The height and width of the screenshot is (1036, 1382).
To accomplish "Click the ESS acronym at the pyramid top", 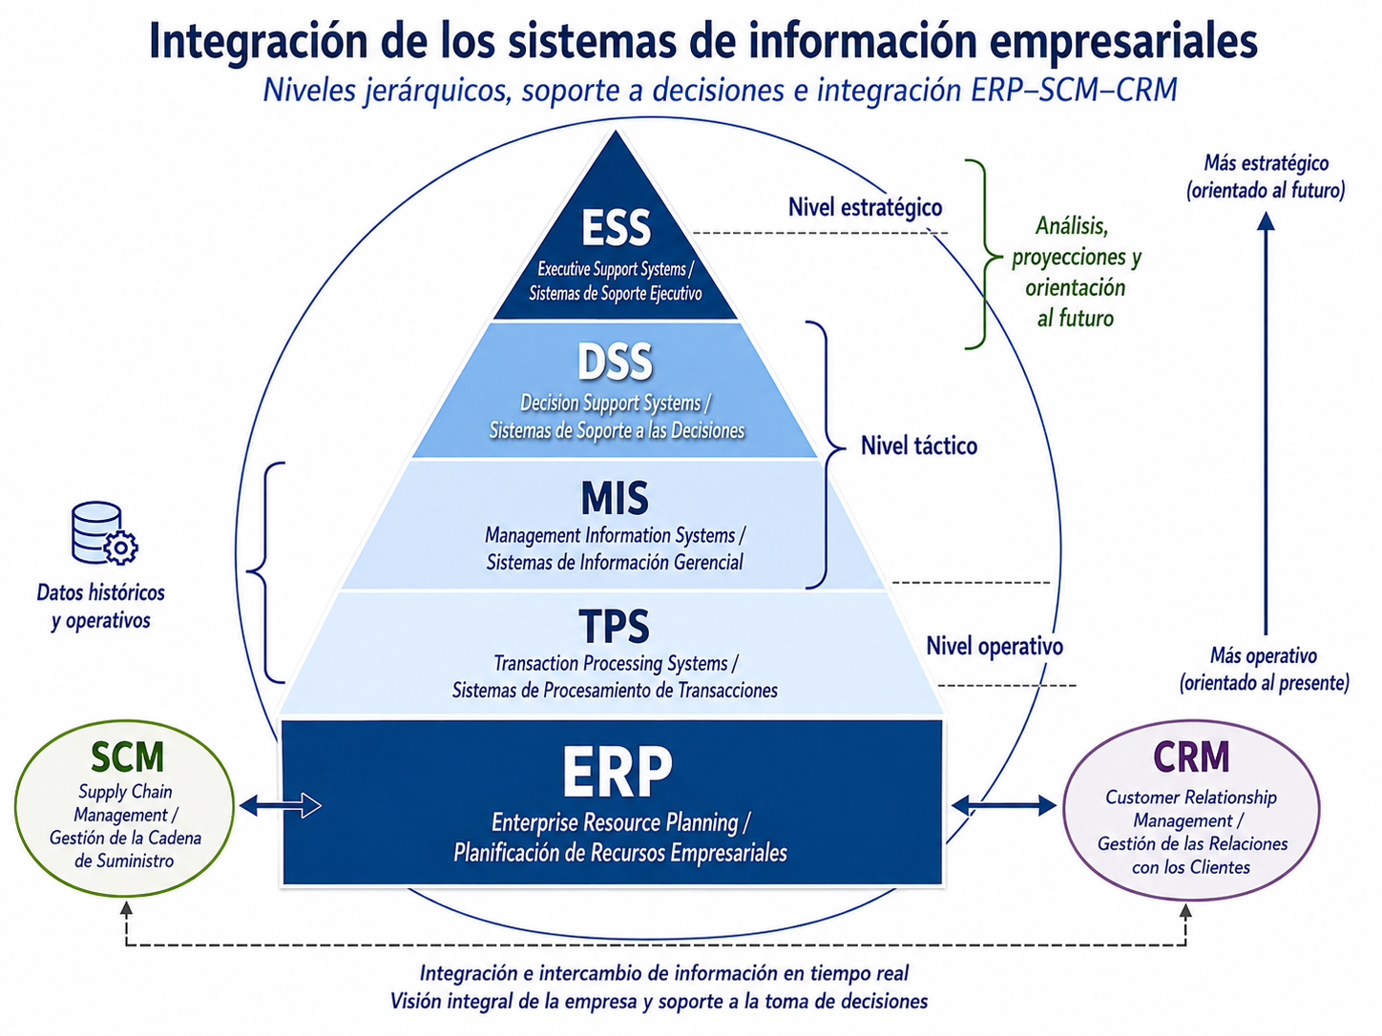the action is click(x=616, y=228).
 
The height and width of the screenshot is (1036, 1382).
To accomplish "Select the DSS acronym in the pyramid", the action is click(x=616, y=363).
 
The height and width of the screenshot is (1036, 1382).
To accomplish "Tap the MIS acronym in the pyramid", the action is click(x=615, y=499).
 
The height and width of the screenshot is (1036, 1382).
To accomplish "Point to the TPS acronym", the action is click(x=614, y=626).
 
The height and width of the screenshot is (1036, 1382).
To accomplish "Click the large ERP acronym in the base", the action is click(x=617, y=772).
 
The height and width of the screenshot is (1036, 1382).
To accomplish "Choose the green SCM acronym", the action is click(x=127, y=756).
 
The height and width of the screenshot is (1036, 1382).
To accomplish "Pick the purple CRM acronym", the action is click(x=1191, y=756).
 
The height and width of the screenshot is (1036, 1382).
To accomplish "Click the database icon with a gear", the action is click(x=104, y=533).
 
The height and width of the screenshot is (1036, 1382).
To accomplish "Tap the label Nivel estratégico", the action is click(x=865, y=208).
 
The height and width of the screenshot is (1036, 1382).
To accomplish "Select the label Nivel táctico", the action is click(x=919, y=446).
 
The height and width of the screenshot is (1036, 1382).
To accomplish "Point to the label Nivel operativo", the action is click(x=995, y=646).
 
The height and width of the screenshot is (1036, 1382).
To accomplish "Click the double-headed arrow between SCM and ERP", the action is click(x=281, y=805).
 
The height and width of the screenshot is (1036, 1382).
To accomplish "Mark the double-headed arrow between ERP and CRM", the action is click(x=1004, y=805).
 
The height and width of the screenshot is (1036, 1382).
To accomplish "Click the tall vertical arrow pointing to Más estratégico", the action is click(x=1266, y=424).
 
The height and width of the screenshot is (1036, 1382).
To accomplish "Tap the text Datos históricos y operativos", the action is click(x=101, y=607).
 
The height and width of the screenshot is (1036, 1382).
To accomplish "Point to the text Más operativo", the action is click(x=1264, y=656).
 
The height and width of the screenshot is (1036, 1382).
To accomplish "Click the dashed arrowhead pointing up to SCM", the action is click(x=127, y=907).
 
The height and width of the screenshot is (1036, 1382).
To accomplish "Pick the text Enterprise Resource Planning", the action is click(x=615, y=822).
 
